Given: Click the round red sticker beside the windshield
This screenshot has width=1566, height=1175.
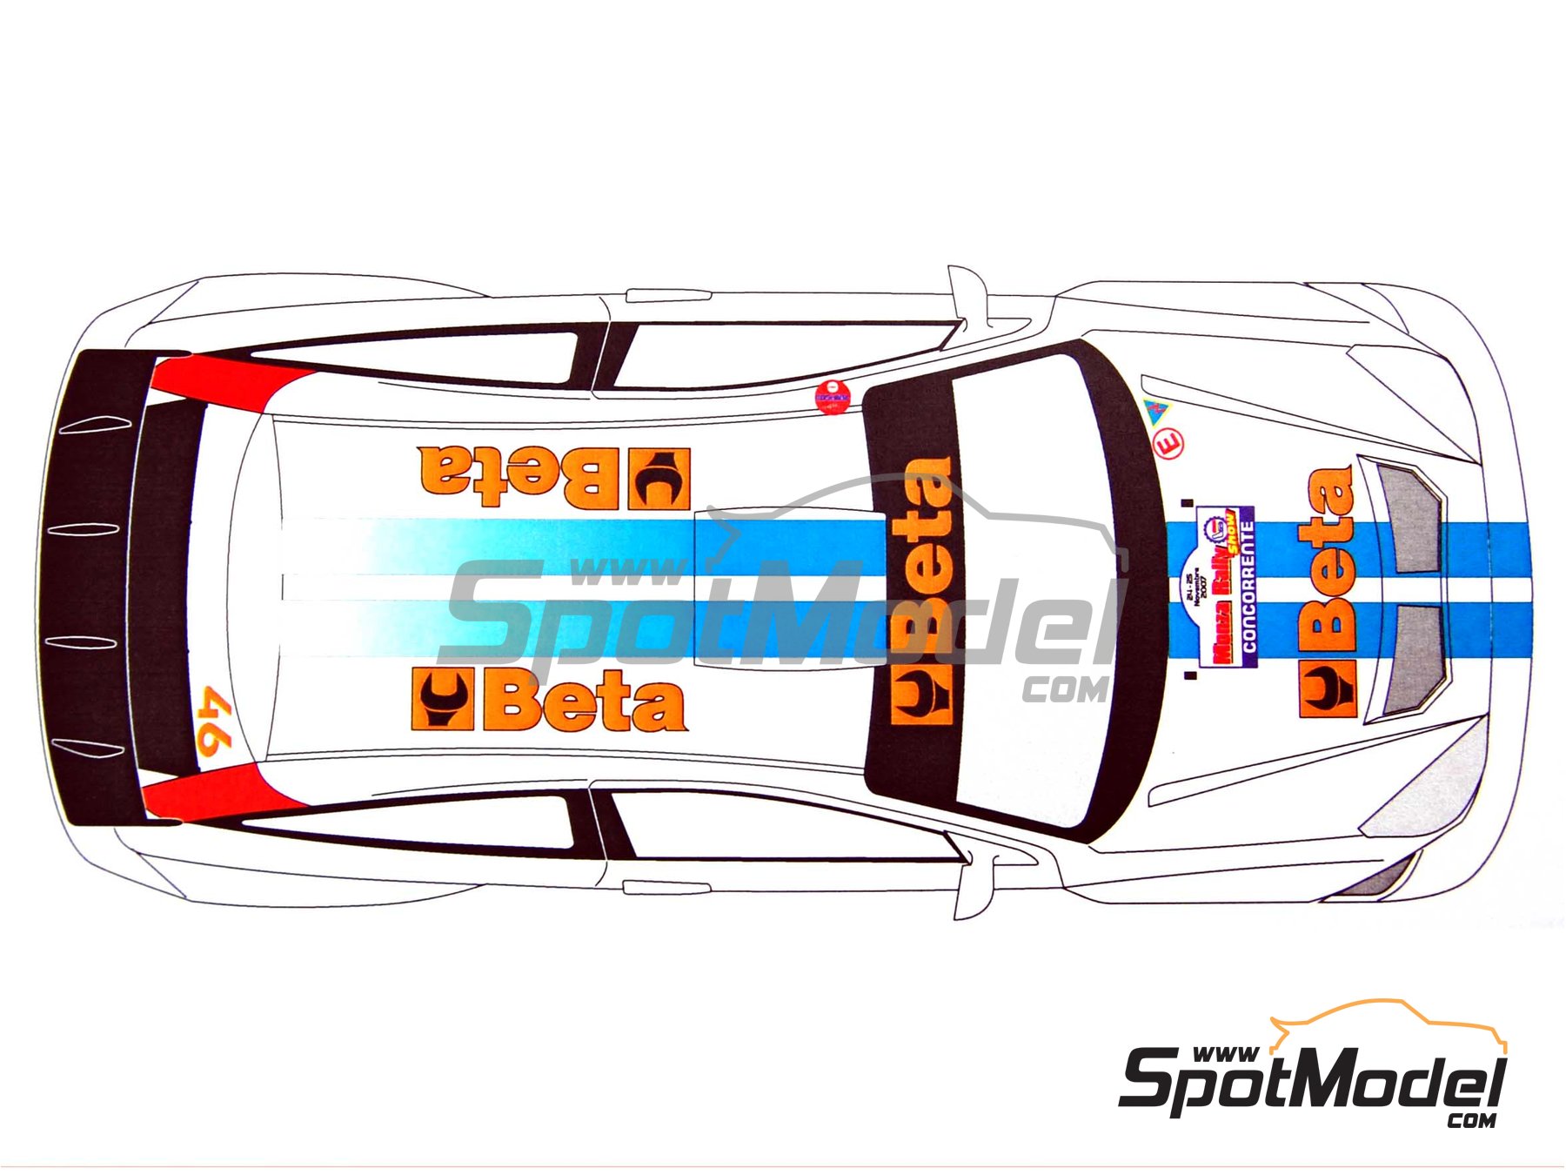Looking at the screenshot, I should point(831,397).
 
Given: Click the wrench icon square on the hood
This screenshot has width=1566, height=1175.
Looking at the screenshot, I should point(1328,688).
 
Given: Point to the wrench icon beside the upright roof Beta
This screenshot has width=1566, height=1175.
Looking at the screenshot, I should point(443,699).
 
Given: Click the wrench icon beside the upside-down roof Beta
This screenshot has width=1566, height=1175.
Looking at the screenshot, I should point(659,479).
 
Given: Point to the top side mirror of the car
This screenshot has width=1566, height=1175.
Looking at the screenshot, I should point(966,292).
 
